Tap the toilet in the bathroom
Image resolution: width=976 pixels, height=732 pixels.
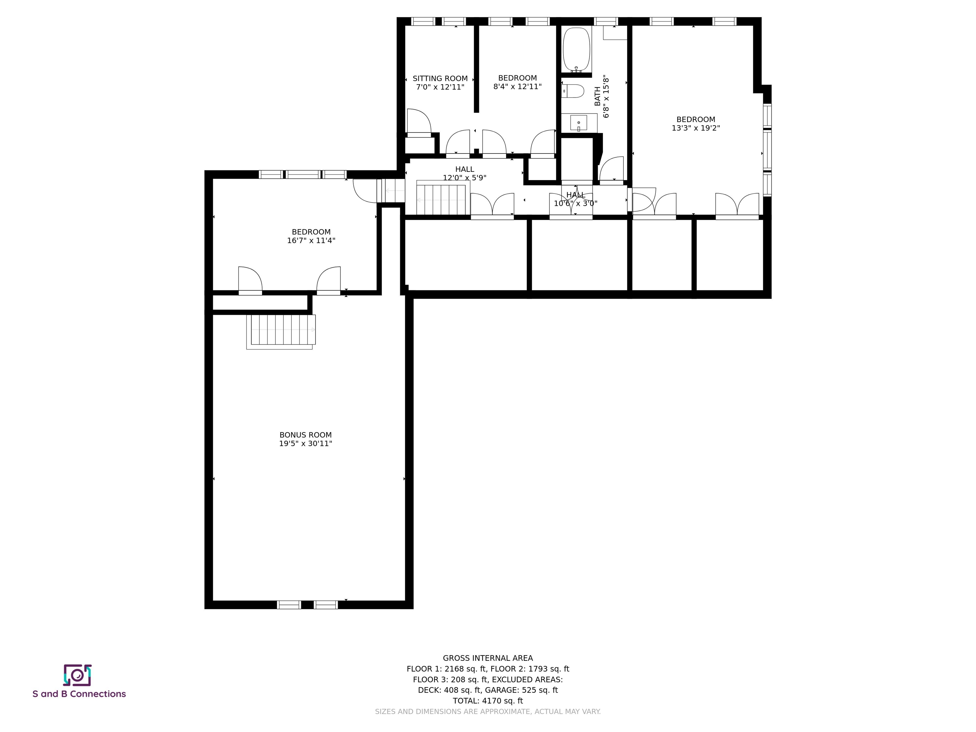pyautogui.click(x=573, y=91)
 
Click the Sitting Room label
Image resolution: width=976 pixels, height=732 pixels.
pyautogui.click(x=440, y=78)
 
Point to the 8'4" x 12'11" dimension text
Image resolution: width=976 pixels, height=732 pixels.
pyautogui.click(x=517, y=86)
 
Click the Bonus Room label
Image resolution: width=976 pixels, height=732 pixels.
pyautogui.click(x=305, y=435)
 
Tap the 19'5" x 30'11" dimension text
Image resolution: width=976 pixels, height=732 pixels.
pyautogui.click(x=305, y=444)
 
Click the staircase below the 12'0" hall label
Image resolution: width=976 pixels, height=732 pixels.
pyautogui.click(x=441, y=200)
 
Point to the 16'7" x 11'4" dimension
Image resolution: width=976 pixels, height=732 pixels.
pyautogui.click(x=311, y=241)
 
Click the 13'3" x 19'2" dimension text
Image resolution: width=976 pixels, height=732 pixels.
pyautogui.click(x=696, y=128)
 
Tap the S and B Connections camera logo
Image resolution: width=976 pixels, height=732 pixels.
pyautogui.click(x=77, y=675)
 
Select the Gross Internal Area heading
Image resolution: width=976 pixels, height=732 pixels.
pyautogui.click(x=488, y=658)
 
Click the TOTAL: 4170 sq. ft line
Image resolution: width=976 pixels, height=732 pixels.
pyautogui.click(x=488, y=700)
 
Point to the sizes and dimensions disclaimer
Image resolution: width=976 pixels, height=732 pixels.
pyautogui.click(x=488, y=711)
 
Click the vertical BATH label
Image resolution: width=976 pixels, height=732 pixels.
pyautogui.click(x=597, y=96)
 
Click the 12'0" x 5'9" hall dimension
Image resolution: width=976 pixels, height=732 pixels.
pyautogui.click(x=464, y=178)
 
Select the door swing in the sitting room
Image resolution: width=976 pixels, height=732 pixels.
pyautogui.click(x=419, y=120)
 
